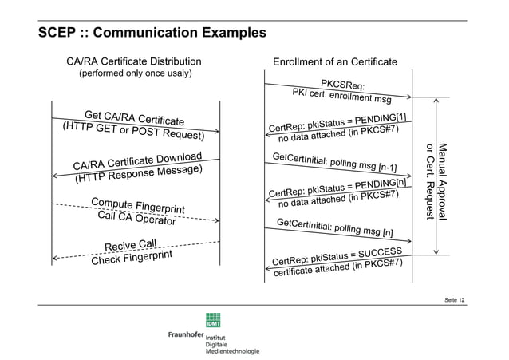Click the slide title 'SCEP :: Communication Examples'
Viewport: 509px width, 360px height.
coord(152,34)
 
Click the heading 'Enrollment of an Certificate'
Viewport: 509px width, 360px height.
coord(335,61)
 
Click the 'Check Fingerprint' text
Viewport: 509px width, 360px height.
coord(132,257)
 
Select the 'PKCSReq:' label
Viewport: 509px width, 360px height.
coord(343,85)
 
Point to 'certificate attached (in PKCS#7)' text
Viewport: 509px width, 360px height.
coord(337,270)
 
